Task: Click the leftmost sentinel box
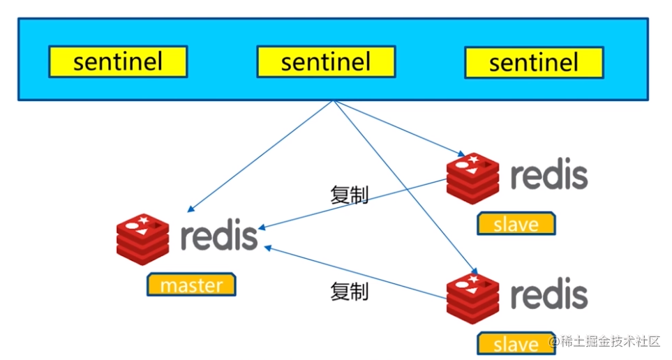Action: coord(117,62)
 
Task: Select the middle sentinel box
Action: coord(326,62)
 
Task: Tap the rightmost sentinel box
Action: coord(534,63)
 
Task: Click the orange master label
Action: coord(191,285)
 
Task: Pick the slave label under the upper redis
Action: coord(516,225)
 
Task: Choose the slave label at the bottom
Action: coord(516,344)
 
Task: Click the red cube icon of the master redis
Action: coord(143,239)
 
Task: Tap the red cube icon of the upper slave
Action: coord(473,177)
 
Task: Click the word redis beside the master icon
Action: coord(219,237)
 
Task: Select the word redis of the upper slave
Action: coord(548,176)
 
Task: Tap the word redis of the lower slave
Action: coord(548,295)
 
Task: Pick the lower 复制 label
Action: coord(349,292)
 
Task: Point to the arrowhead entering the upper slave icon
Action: coord(462,155)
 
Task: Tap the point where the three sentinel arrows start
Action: coord(334,102)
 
